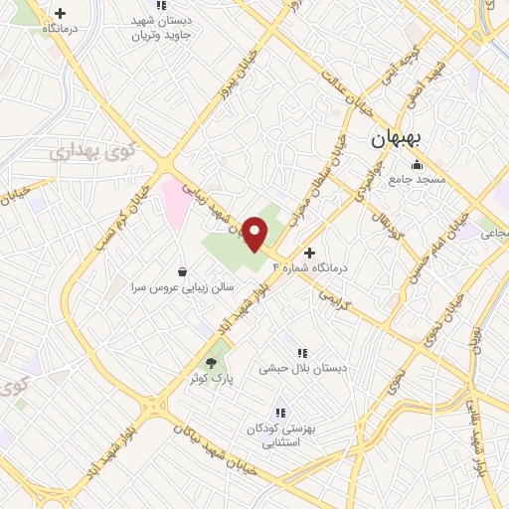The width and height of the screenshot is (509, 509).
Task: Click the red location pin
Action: click(x=256, y=232)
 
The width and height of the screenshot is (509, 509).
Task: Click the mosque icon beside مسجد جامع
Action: click(x=418, y=164)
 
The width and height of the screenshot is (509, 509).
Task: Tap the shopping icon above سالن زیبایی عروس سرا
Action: click(x=182, y=270)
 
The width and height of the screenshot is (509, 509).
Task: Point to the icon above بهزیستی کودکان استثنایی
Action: click(x=280, y=412)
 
